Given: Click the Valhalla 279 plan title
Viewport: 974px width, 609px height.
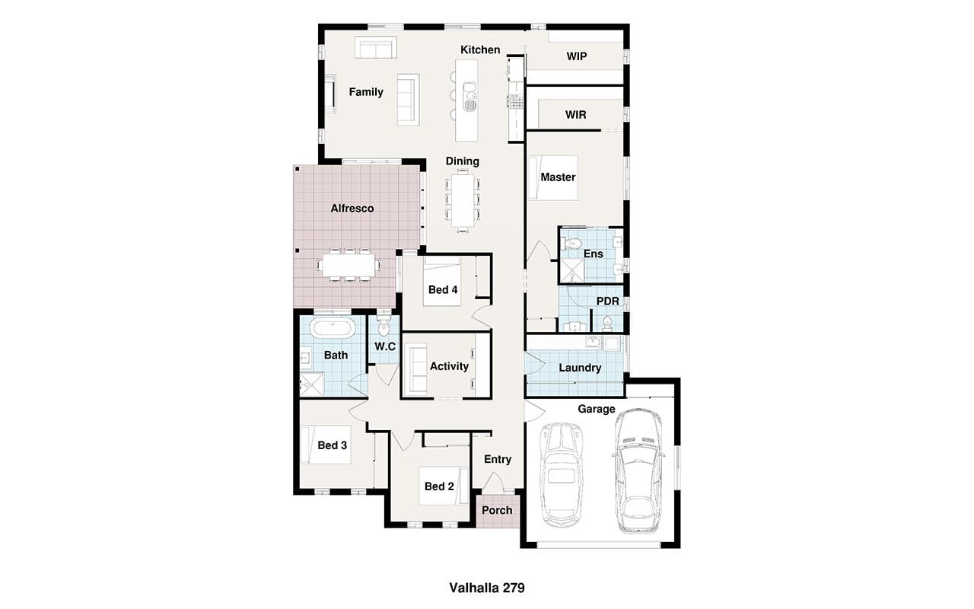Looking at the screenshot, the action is (x=486, y=588).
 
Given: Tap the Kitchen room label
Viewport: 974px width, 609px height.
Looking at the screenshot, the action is (x=480, y=50).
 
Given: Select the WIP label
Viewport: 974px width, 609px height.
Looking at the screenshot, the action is (x=577, y=56).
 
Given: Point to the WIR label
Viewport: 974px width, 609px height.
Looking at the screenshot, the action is (x=576, y=115).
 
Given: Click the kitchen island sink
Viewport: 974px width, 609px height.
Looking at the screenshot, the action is (x=469, y=97).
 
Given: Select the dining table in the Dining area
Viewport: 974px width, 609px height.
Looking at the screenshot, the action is (x=463, y=200).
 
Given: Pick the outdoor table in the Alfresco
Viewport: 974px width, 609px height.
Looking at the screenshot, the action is (x=349, y=265).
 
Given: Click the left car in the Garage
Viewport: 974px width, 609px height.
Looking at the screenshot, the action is (x=561, y=474).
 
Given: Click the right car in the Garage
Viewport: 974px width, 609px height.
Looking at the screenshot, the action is (x=638, y=470).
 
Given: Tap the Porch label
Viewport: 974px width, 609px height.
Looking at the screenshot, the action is (x=497, y=510).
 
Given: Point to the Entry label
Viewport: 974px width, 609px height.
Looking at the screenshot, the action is (x=498, y=459).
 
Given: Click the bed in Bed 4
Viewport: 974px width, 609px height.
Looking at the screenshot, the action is (x=442, y=281).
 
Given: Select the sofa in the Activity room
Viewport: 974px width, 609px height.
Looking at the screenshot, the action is (x=415, y=369).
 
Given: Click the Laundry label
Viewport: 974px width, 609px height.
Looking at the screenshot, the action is (x=580, y=368).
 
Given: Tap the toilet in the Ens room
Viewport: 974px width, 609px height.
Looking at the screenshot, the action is (x=572, y=243).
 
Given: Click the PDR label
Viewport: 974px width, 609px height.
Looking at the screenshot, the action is (x=607, y=301).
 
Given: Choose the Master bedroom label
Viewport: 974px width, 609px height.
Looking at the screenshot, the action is (x=558, y=177).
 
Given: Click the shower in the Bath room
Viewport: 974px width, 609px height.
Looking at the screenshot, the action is (x=312, y=385).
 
